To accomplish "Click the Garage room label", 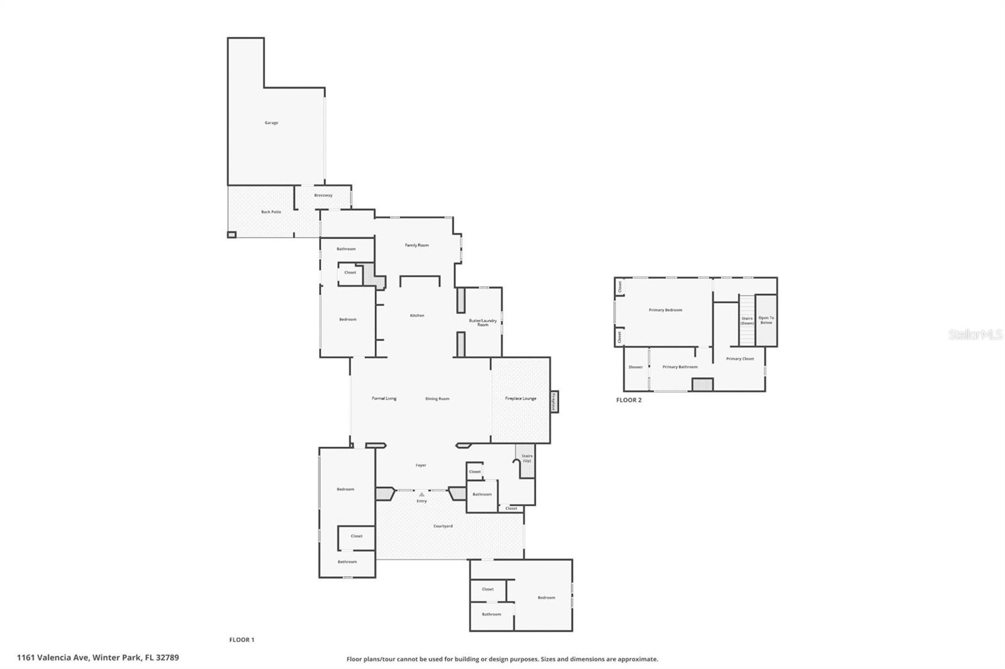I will point(271,123).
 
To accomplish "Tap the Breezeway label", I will point(323,195).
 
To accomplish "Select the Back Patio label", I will point(271,212).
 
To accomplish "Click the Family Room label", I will point(416,245).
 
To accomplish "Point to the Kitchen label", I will point(417,316).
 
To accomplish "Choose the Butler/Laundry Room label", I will point(482,323).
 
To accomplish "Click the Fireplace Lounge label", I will point(521,399).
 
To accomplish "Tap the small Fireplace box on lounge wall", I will point(555,402).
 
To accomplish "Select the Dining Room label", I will point(437,399).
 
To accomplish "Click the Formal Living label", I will point(384,399).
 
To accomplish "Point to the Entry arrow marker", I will point(421,495).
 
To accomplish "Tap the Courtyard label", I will point(443,526).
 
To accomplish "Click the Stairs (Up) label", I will point(526,458).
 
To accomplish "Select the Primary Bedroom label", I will point(665,310).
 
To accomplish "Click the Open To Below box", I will point(766,320).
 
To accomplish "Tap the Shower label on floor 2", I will point(636,367).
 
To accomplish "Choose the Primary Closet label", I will point(740,359).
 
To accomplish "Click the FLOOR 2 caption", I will point(629,400).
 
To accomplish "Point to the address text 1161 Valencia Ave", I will point(98,658).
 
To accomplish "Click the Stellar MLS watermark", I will point(975,335).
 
